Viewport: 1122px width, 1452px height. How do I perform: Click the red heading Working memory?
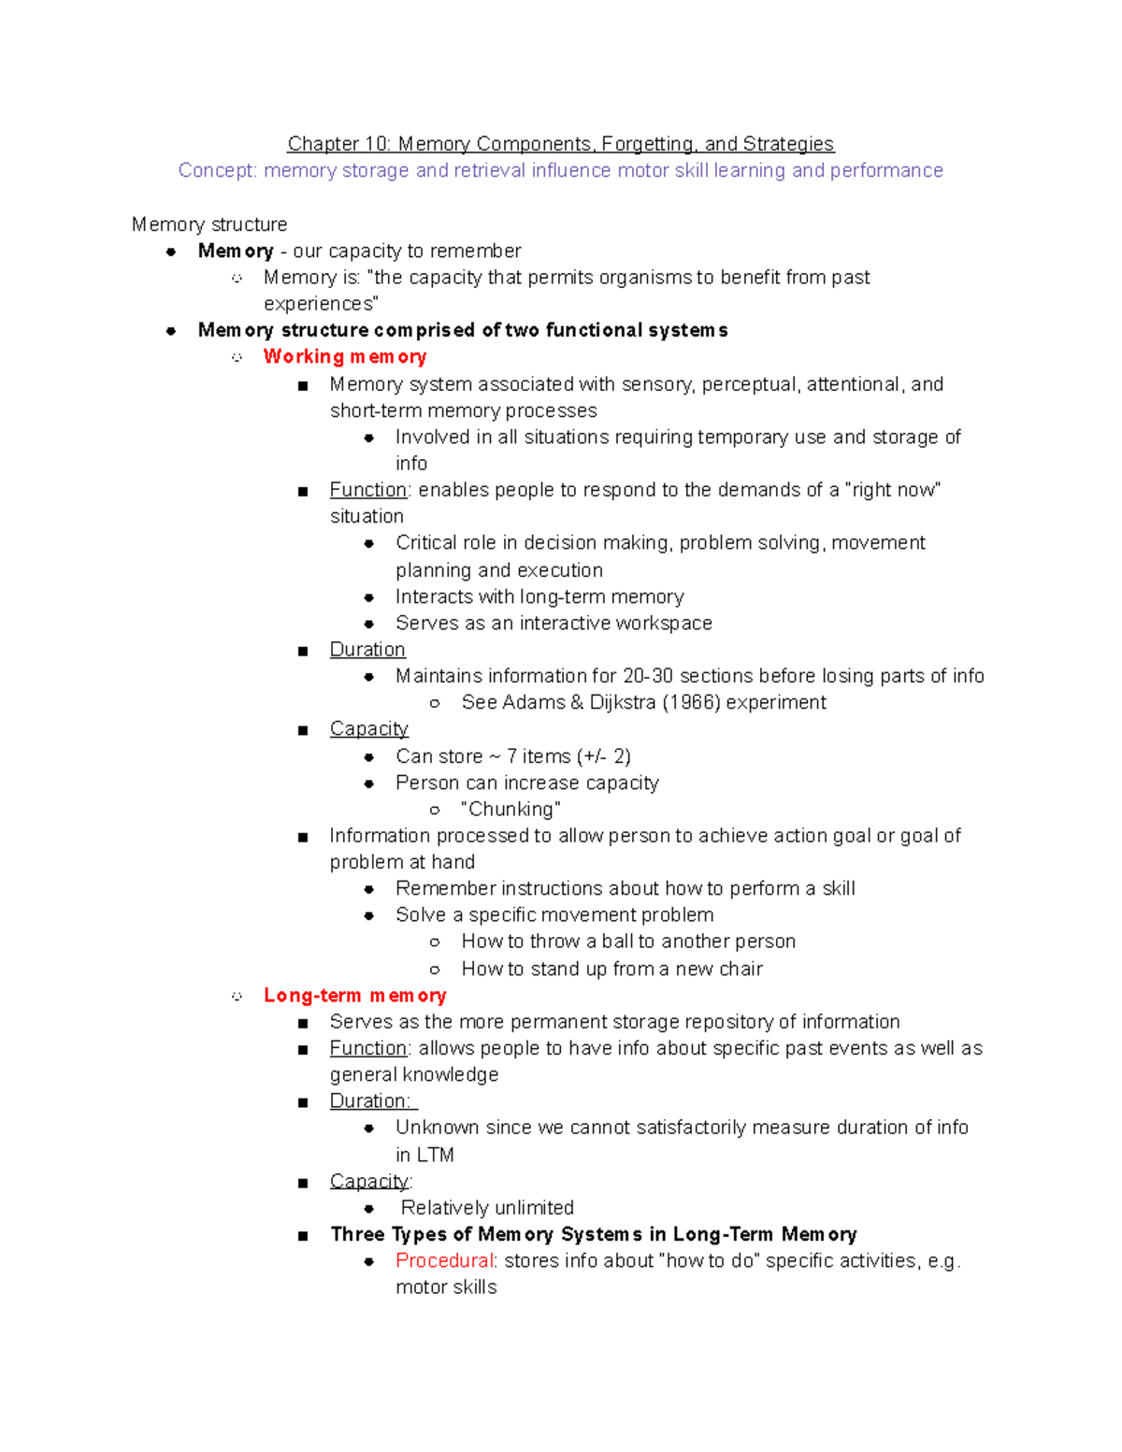tap(344, 356)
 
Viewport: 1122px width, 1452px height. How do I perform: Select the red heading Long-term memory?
tap(354, 995)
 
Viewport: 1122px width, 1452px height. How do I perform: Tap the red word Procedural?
tap(443, 1260)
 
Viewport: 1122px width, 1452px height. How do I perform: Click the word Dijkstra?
tap(622, 702)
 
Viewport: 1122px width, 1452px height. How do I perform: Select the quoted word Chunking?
tap(511, 809)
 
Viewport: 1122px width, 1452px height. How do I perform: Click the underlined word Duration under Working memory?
tap(367, 650)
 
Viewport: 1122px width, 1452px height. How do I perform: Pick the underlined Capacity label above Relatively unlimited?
tap(368, 1181)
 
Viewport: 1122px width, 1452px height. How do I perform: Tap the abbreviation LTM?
tap(435, 1155)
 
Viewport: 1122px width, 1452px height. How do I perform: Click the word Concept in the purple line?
tap(216, 170)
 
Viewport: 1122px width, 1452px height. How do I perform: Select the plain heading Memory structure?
tap(209, 224)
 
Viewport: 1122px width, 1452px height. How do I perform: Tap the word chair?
tap(741, 969)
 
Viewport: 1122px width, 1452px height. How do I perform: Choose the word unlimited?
tap(528, 1208)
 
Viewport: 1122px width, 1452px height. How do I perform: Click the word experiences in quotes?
tap(319, 304)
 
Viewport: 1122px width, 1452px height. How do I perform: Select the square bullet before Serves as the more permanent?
tap(302, 1023)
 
